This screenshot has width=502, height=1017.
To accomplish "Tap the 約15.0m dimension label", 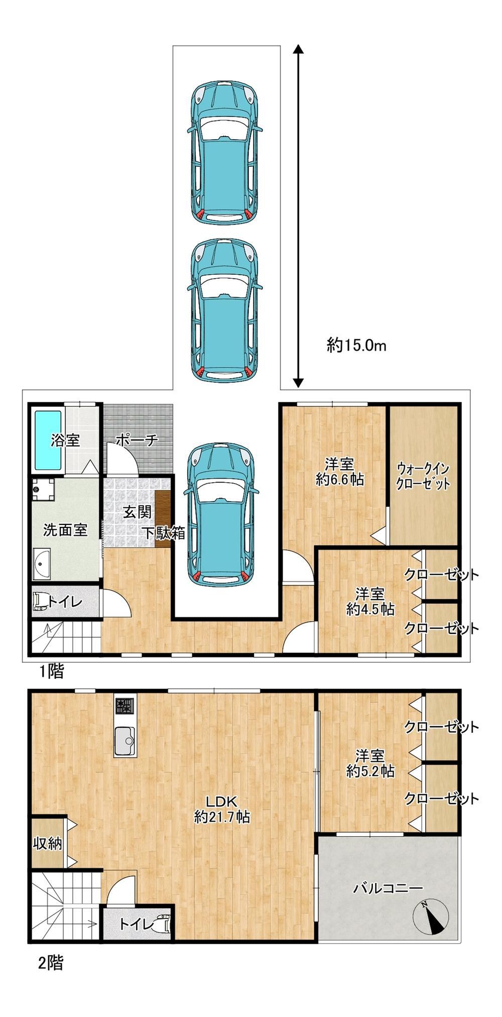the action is [x=356, y=345].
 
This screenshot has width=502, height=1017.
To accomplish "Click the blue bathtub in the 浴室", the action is [x=48, y=441].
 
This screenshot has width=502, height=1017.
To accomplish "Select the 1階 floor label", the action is [x=53, y=671].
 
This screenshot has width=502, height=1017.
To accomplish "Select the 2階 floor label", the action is [x=51, y=962].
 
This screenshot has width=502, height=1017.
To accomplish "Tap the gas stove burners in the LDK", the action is [x=125, y=706].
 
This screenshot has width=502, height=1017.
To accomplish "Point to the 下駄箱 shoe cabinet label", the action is [x=165, y=533].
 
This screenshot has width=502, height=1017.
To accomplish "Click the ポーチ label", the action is [x=137, y=440].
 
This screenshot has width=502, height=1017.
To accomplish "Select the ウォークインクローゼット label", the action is [x=423, y=476].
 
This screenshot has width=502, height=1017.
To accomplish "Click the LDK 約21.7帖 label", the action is [x=222, y=809].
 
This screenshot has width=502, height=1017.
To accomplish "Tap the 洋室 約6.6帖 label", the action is [x=340, y=471].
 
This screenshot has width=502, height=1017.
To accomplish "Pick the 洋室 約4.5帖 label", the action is [x=370, y=601].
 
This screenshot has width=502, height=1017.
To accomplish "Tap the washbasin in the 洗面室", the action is [x=42, y=563].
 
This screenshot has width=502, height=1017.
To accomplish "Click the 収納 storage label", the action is [x=48, y=843].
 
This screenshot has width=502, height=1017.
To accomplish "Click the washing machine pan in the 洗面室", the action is [x=43, y=489].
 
